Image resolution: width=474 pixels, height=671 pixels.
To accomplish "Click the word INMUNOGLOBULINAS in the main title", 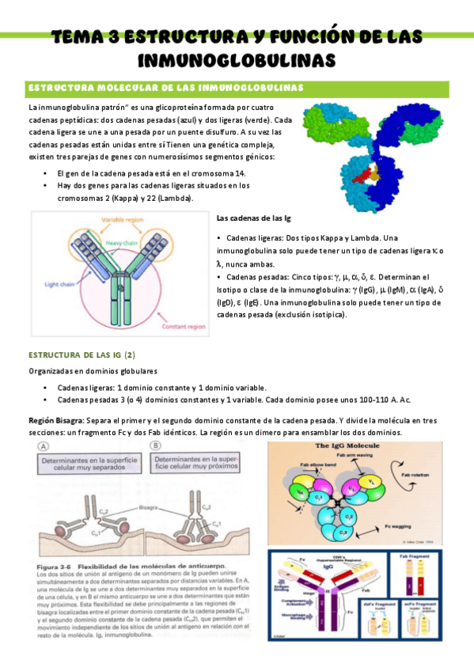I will pyautogui.click(x=237, y=60).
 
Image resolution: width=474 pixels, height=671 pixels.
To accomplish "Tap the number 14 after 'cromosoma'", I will pyautogui.click(x=241, y=172).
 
